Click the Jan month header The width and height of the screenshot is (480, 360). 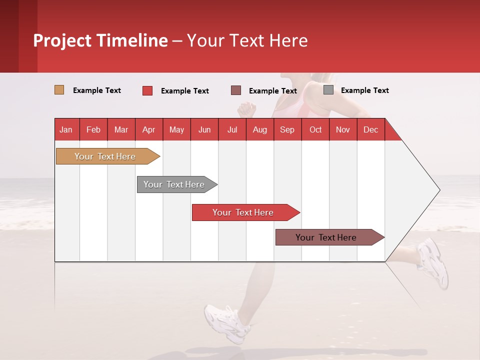point(66,129)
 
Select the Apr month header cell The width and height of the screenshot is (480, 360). point(149,129)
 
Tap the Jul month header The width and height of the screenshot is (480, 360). point(232,129)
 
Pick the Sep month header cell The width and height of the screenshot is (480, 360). point(287,129)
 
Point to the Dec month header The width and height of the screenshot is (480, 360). point(370,129)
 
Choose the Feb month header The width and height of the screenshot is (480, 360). point(93,129)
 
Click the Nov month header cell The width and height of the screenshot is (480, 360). point(343,129)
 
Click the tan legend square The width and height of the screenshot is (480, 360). point(59,90)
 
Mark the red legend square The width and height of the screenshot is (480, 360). point(147,90)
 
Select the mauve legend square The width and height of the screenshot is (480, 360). point(236,90)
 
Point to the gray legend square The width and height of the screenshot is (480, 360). point(328,90)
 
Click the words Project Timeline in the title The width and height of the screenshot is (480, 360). point(100,40)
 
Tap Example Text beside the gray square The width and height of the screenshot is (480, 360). point(364,90)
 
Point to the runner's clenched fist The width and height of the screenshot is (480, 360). point(246,109)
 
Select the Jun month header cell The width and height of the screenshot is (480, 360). point(204,129)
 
